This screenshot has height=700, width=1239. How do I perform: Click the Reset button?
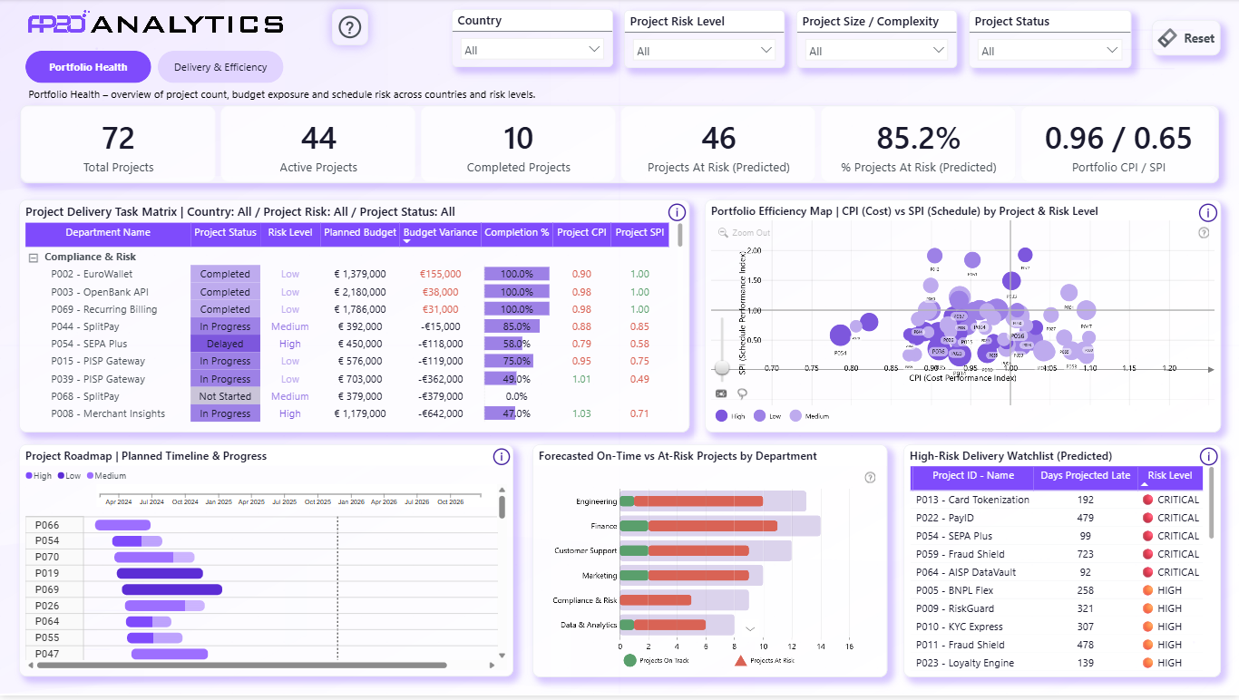coord(1186,38)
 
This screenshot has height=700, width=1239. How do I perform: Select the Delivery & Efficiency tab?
coord(220,67)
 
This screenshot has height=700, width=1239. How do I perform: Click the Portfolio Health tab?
coord(88,67)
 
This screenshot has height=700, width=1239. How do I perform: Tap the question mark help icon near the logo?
coord(349,27)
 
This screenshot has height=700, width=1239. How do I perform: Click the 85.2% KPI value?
coord(918,138)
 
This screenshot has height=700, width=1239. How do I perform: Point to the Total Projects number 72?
coord(118,138)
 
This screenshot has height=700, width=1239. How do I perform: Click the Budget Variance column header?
coord(440,233)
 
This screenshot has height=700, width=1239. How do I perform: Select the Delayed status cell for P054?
coord(225,344)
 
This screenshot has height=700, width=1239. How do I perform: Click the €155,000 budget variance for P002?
coord(440,274)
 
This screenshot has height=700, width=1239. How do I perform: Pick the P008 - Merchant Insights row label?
coord(108,413)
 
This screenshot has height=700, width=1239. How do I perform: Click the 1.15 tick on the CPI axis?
coord(1129,368)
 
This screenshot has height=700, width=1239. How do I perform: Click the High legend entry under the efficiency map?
coord(730,416)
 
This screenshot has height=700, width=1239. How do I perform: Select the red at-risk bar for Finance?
coord(712,526)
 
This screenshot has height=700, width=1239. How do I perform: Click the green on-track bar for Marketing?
coord(634,575)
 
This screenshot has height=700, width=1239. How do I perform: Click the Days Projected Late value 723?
coord(1085,554)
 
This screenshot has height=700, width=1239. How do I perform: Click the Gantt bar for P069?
coord(172,589)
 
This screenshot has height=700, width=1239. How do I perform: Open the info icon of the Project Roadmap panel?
coord(502,457)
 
